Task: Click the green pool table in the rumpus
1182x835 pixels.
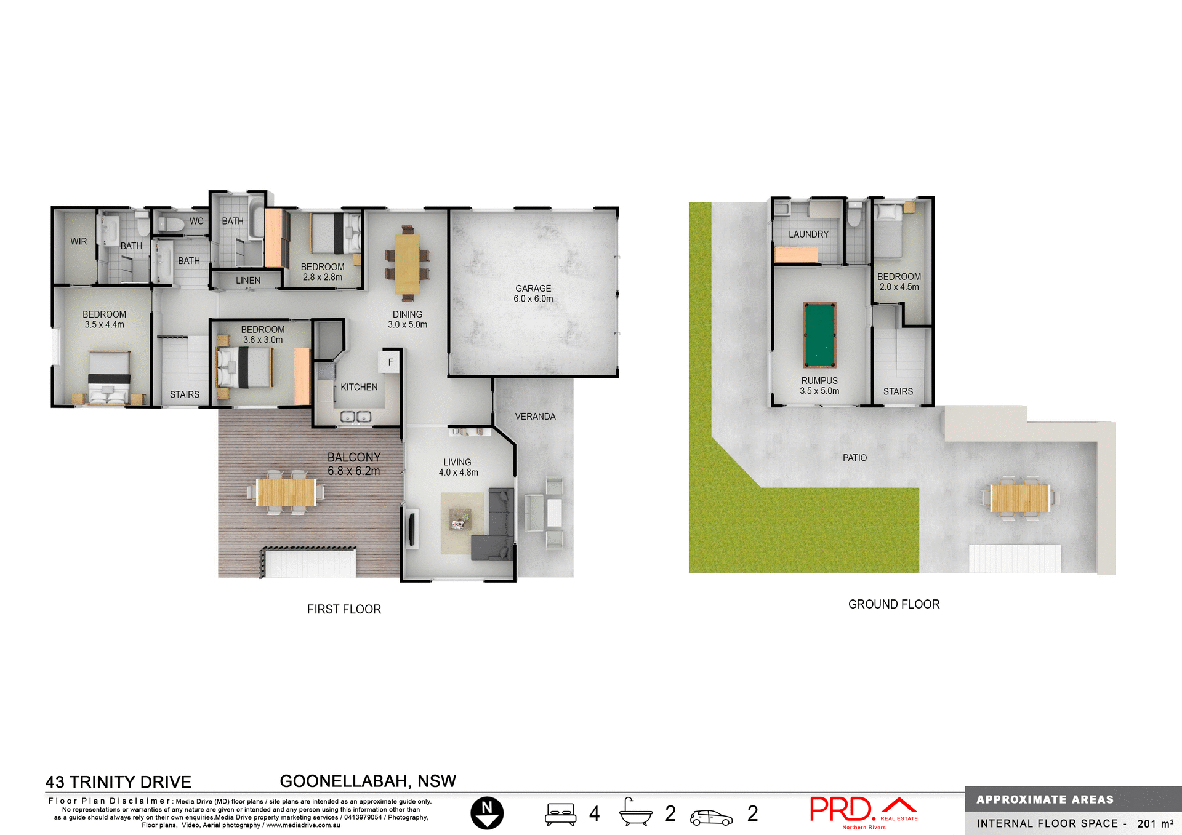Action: click(x=819, y=335)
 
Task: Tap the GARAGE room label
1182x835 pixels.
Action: click(x=533, y=289)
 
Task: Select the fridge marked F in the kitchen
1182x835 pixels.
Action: click(x=390, y=362)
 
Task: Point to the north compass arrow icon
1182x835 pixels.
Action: click(x=487, y=813)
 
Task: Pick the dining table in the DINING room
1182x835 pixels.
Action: click(x=407, y=263)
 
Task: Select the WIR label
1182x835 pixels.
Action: click(x=79, y=241)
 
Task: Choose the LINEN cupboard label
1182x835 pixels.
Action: click(x=248, y=280)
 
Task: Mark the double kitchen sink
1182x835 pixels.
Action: click(x=356, y=417)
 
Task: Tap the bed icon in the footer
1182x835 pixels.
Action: click(x=560, y=813)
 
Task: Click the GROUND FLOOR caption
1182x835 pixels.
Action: click(x=894, y=604)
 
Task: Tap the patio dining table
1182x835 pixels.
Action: click(x=1019, y=498)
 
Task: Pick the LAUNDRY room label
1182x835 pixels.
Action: click(x=808, y=234)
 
